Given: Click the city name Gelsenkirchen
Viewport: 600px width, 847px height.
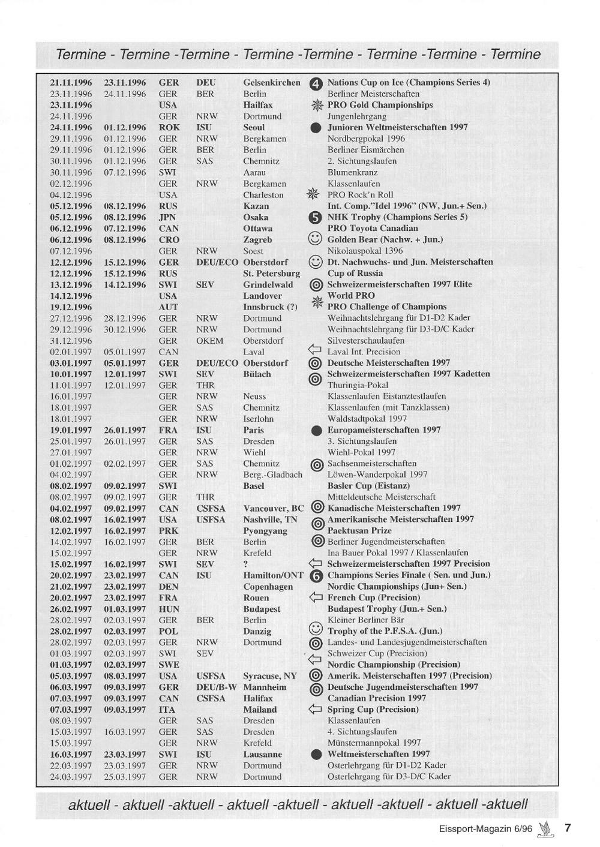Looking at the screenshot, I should (271, 83).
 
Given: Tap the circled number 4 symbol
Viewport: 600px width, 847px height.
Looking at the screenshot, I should (316, 84).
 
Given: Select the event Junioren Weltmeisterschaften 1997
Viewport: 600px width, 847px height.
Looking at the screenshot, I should (397, 127).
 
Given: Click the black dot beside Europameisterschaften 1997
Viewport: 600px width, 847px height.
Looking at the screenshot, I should (316, 431).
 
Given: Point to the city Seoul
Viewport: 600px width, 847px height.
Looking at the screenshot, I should (254, 128).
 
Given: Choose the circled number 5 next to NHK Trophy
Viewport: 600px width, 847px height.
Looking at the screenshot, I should (316, 218).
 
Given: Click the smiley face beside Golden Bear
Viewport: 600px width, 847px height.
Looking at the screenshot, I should (315, 239).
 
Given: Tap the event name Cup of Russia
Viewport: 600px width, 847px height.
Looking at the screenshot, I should (355, 274).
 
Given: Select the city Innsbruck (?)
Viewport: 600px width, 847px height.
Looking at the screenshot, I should (270, 307).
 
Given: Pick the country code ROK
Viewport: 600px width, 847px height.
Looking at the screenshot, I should (169, 128).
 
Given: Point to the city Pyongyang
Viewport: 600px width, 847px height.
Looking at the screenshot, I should (265, 531).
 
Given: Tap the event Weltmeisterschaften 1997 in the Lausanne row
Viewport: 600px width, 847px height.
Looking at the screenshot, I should (378, 754).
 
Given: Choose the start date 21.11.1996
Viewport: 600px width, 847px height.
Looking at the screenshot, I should (71, 83).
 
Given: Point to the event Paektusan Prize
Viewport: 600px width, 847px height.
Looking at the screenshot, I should (359, 531).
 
